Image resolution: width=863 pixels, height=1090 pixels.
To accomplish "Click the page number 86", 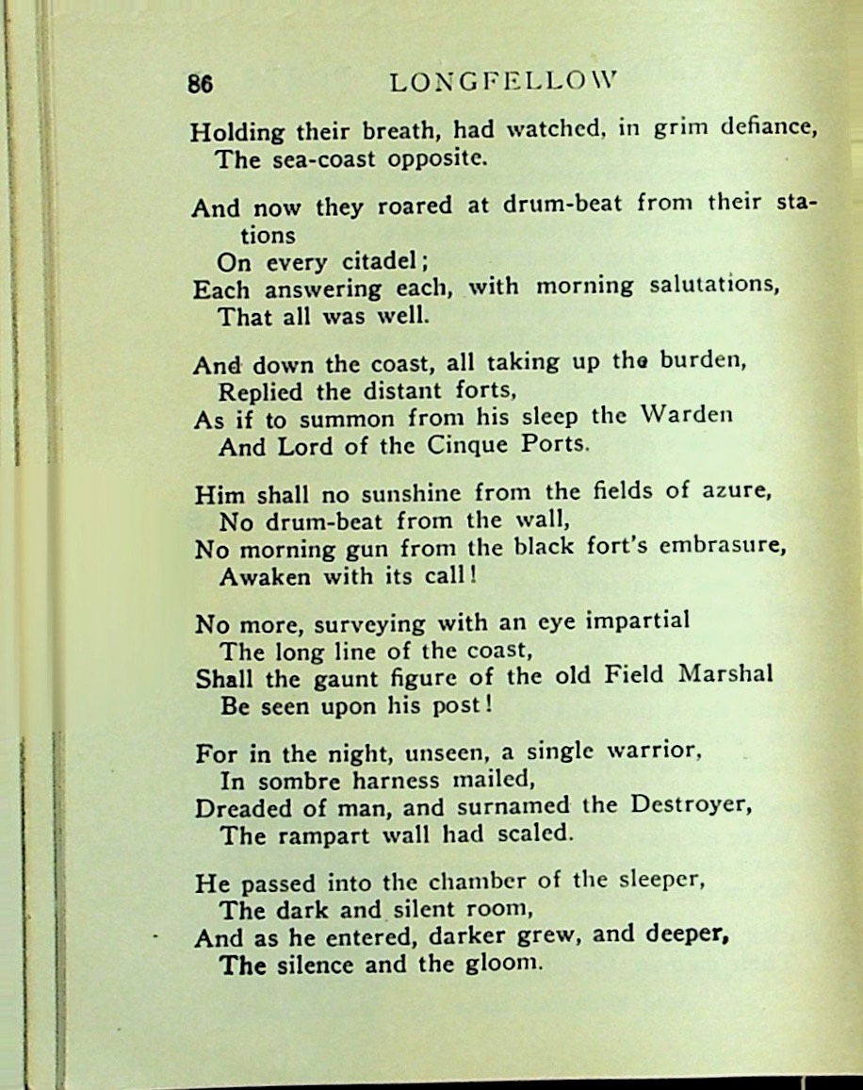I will pyautogui.click(x=200, y=83).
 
